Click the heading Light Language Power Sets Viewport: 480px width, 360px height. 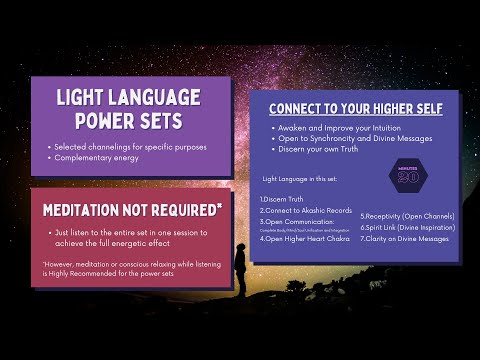click(x=128, y=108)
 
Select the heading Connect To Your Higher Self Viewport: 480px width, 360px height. click(x=356, y=108)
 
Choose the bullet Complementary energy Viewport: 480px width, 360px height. click(x=98, y=159)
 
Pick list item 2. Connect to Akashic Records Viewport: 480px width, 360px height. click(x=304, y=211)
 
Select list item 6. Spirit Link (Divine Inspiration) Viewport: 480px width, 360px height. click(x=407, y=228)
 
